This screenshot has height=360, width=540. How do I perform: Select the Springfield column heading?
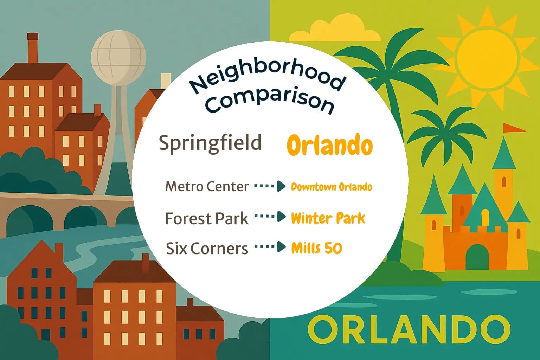click(x=210, y=143)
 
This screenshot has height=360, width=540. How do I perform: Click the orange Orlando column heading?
click(x=329, y=145)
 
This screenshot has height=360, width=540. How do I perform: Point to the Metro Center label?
click(x=207, y=186)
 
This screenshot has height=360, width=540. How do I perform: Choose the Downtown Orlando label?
click(x=331, y=187)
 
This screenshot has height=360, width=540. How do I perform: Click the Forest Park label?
click(x=207, y=218)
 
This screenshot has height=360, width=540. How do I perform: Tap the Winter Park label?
click(x=328, y=218)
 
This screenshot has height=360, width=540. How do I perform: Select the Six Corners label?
click(x=207, y=248)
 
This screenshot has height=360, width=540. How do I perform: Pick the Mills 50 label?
click(x=316, y=248)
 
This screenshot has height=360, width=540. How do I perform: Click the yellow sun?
click(x=487, y=58)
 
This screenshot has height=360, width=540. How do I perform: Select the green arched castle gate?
click(x=477, y=257)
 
